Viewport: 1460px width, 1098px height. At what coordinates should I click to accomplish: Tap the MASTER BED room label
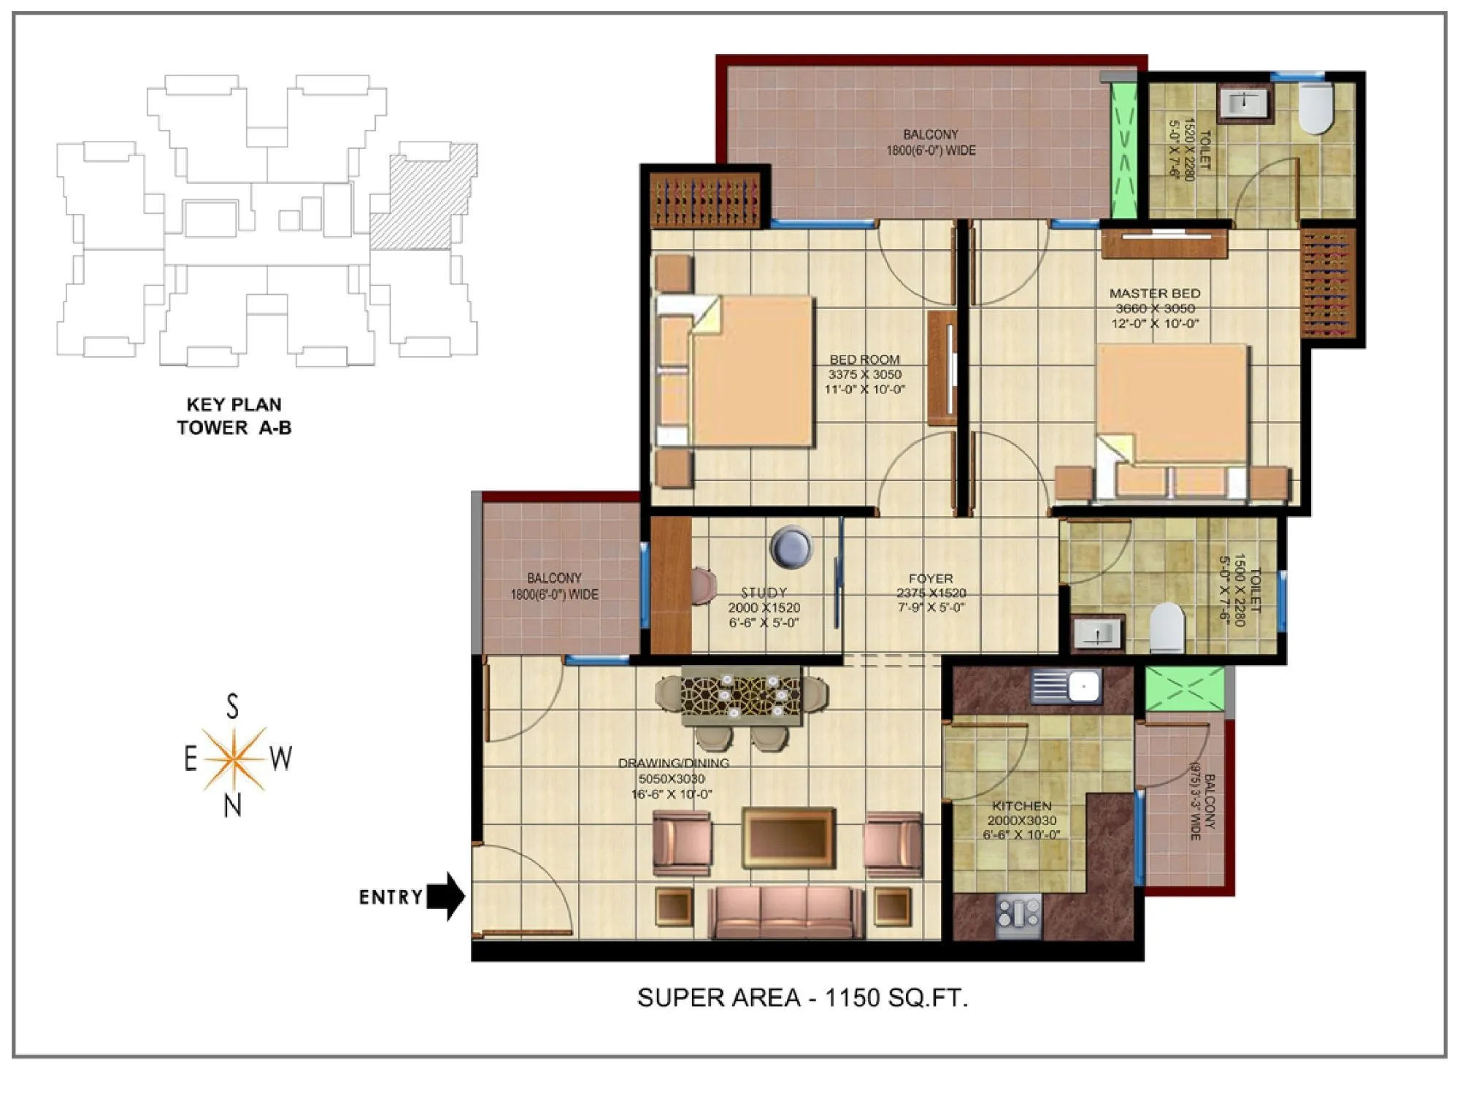coord(1154,307)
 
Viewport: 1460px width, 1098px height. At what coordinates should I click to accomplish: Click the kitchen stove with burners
coord(1018,915)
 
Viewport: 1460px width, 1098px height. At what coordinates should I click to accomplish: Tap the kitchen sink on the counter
coord(1067,686)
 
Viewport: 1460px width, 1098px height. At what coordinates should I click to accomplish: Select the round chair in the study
coord(791,546)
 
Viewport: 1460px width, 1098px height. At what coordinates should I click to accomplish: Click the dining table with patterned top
coord(741,695)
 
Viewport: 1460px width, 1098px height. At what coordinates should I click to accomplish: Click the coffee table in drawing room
coord(788,837)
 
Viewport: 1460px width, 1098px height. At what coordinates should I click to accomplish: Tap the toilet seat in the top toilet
coord(1315,108)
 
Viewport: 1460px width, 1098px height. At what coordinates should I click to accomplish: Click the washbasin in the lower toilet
coord(1096,634)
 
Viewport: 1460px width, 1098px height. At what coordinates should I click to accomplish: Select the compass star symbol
coord(234,759)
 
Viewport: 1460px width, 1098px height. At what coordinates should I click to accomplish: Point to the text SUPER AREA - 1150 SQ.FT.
coord(802,997)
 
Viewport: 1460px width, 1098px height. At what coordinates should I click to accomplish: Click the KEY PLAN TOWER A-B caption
coord(234,415)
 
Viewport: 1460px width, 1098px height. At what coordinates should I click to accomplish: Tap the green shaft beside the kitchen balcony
coord(1184,688)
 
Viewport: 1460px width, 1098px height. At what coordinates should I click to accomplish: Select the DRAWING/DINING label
coord(673,763)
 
